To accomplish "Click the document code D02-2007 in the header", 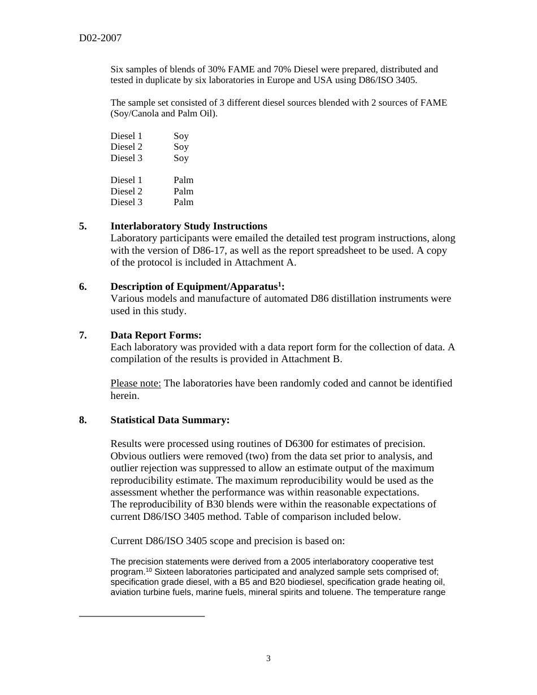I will point(100,38).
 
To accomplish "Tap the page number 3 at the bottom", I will point(268,658).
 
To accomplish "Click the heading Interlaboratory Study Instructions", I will point(189,226).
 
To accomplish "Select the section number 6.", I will point(83,286).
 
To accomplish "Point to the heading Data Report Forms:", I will point(156,335).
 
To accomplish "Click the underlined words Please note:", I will point(136,383).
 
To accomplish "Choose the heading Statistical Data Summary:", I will point(170,420).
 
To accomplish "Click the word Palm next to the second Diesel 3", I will point(183,202).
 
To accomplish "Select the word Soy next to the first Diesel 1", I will point(181,136).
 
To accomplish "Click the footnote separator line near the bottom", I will point(141,615).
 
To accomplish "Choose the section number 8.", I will point(83,420).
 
